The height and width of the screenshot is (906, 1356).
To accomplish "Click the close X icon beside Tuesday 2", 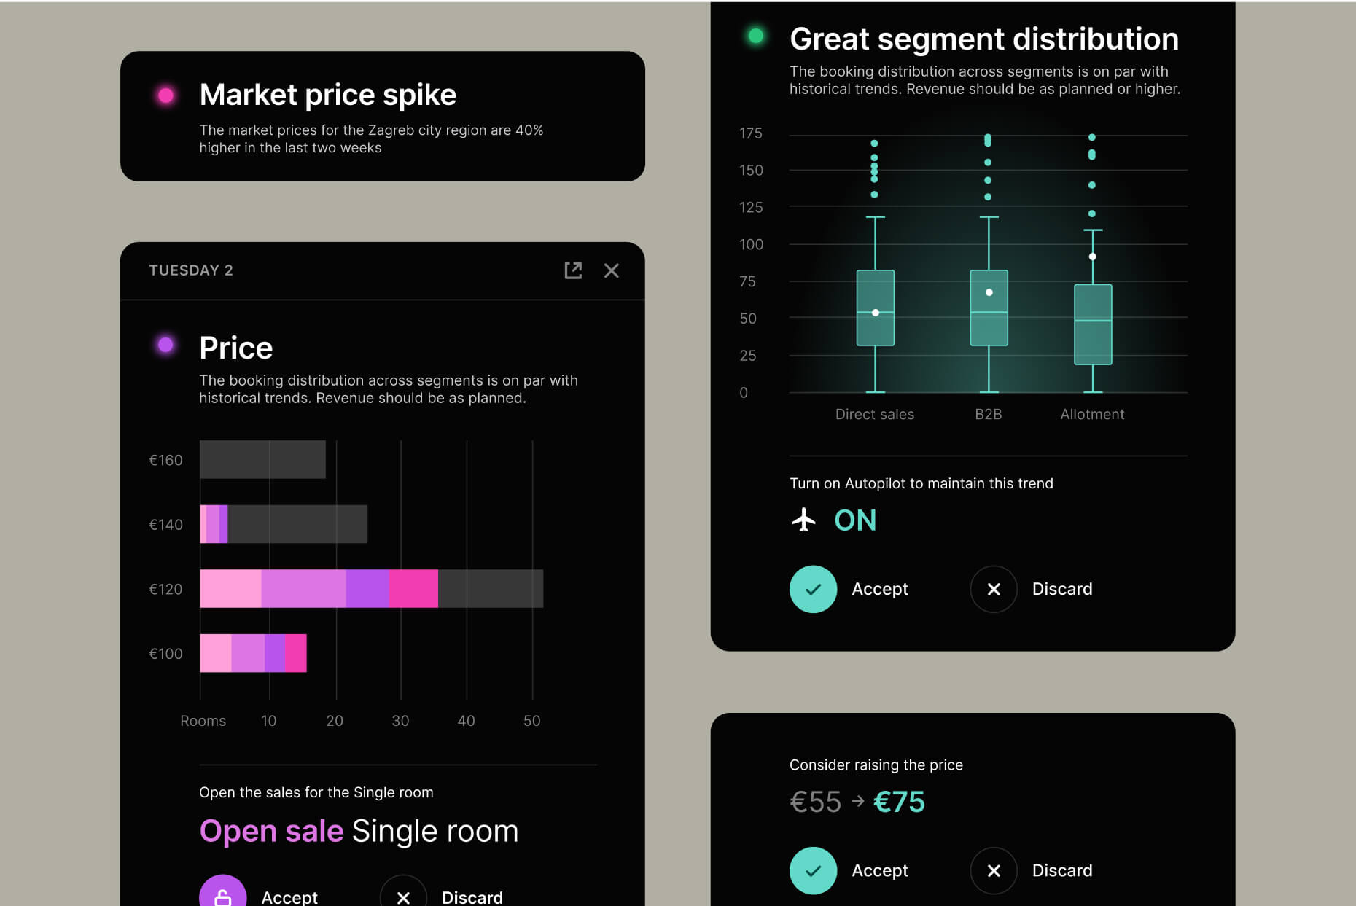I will (611, 271).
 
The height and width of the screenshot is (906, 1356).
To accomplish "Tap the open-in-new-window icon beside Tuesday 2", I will (573, 271).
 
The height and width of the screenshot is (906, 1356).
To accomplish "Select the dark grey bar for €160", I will (262, 459).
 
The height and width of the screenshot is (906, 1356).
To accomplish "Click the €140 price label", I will (165, 525).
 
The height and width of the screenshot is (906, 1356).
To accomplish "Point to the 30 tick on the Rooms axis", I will (400, 721).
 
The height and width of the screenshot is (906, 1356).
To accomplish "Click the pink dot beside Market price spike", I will (166, 95).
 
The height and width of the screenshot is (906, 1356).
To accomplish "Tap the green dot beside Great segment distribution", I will (756, 36).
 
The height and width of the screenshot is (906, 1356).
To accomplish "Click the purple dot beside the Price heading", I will (166, 345).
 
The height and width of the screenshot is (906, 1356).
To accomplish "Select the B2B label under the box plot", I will (988, 414).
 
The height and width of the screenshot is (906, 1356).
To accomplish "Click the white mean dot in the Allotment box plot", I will (1092, 257).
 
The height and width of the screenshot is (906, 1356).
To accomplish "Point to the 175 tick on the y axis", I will (750, 133).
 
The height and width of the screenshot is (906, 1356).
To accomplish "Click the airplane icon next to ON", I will (803, 520).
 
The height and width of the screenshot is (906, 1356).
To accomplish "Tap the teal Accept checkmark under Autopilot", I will (813, 589).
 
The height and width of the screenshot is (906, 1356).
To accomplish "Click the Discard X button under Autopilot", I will (993, 589).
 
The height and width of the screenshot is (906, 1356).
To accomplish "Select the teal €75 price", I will (899, 802).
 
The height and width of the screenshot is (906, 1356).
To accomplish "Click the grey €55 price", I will (815, 802).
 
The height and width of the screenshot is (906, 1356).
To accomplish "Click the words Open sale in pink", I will (271, 831).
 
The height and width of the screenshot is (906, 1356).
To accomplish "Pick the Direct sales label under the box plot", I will (874, 414).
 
